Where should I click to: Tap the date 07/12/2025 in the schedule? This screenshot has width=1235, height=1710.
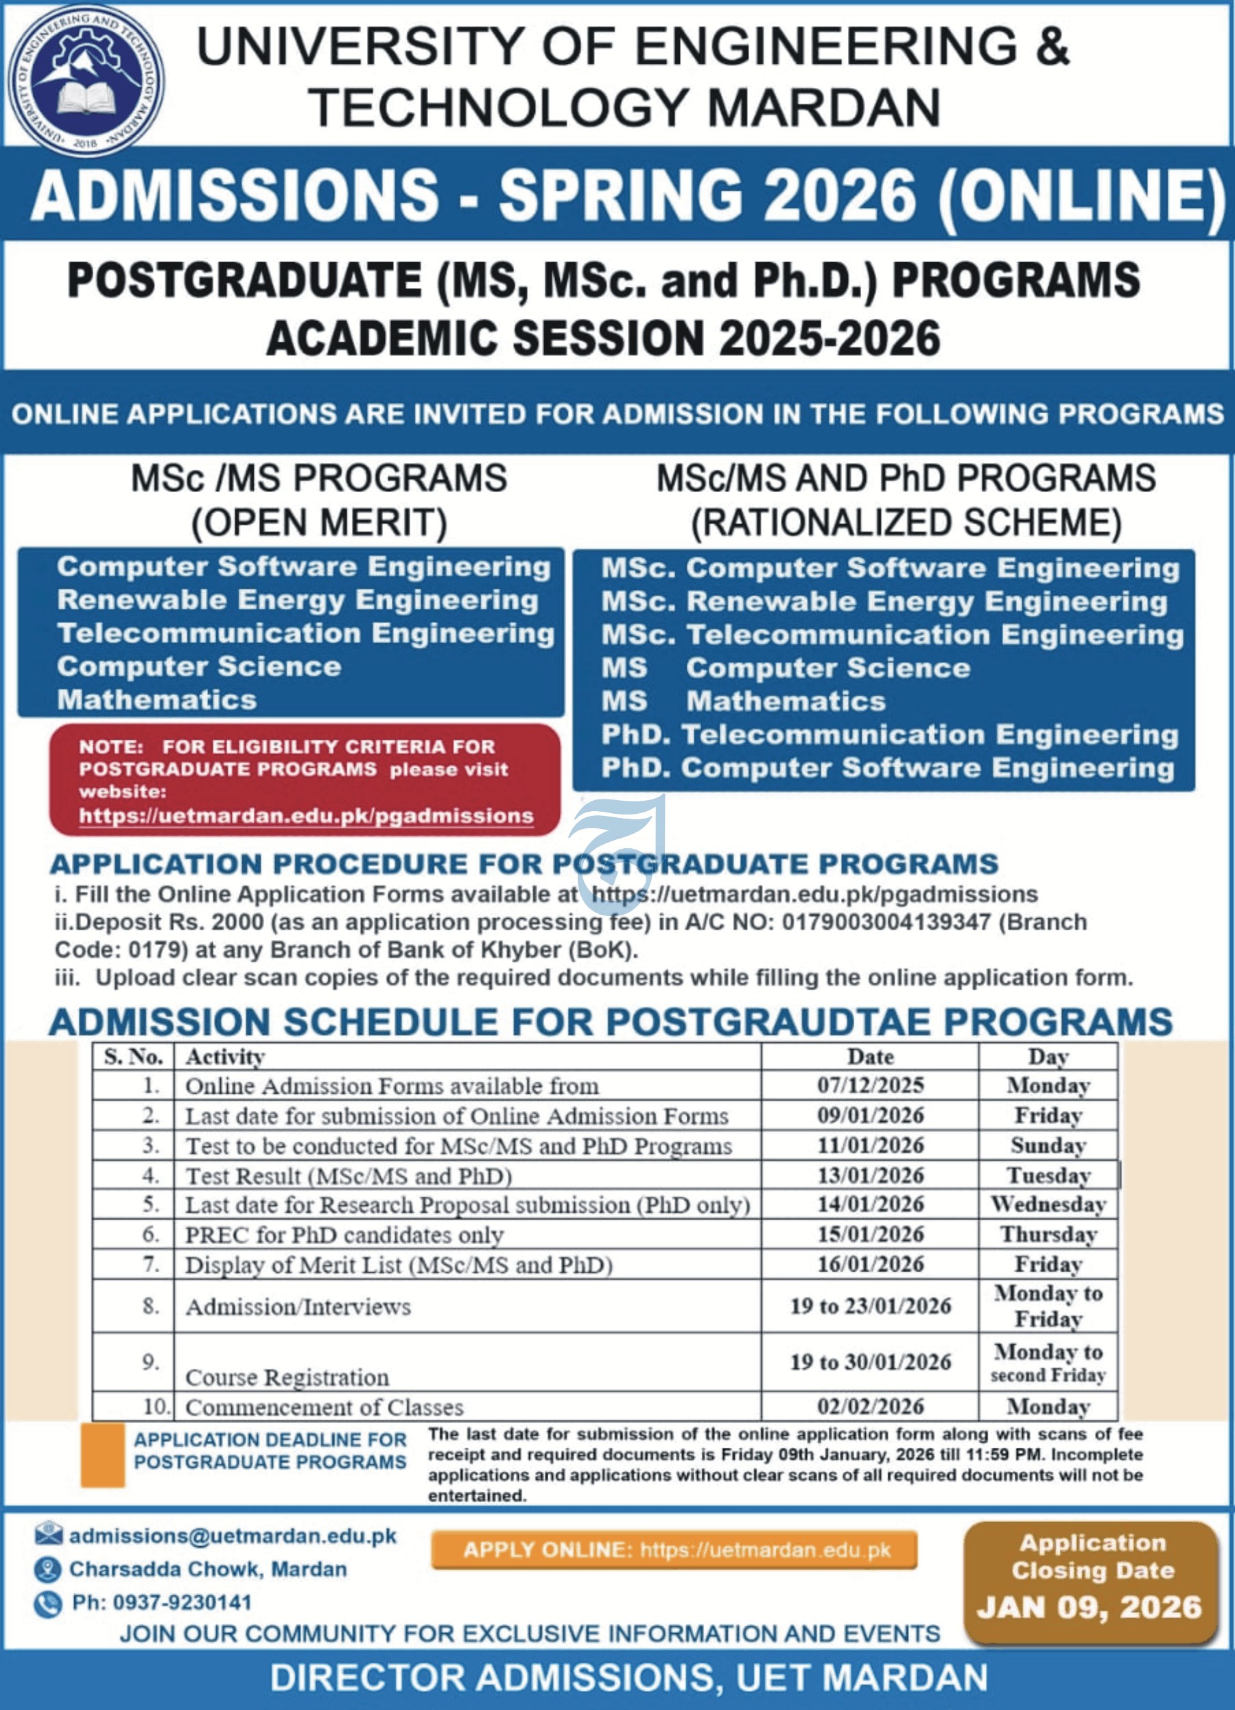click(x=870, y=1085)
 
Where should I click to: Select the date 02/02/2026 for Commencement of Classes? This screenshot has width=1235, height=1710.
click(x=870, y=1406)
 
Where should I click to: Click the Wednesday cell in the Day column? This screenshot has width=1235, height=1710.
click(x=1048, y=1204)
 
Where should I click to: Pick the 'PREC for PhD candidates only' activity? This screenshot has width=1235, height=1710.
click(x=344, y=1235)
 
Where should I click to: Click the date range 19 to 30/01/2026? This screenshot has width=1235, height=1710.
click(x=870, y=1361)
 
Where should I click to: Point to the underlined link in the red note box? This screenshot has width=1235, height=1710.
click(x=306, y=816)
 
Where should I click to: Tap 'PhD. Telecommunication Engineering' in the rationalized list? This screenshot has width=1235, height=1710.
click(x=890, y=734)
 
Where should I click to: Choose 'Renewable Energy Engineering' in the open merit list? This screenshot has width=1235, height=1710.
click(x=298, y=600)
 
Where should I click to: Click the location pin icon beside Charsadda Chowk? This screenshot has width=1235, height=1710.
click(x=47, y=1570)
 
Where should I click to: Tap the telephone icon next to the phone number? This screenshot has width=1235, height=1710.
click(x=47, y=1604)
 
